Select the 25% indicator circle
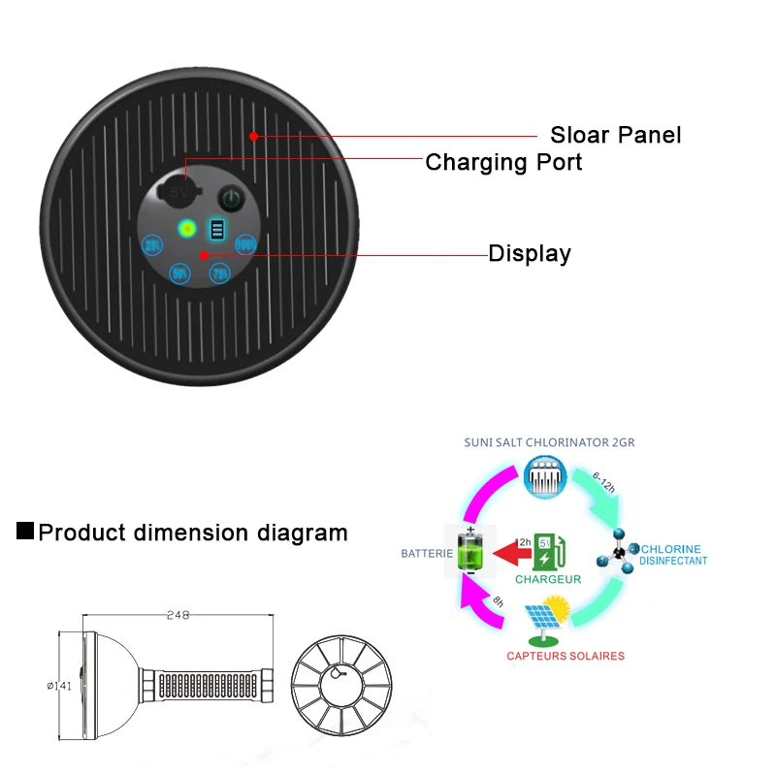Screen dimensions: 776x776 click(x=152, y=245)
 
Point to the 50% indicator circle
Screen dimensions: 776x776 click(x=179, y=274)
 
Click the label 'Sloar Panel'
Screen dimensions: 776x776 click(x=615, y=135)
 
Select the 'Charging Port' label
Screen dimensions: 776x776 click(x=503, y=162)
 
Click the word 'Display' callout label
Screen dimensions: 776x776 click(x=529, y=254)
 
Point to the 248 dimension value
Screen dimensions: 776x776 click(x=178, y=614)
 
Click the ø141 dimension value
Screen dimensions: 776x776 click(x=60, y=685)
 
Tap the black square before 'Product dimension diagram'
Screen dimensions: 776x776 click(x=26, y=532)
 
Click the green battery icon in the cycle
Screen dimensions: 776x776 click(x=469, y=552)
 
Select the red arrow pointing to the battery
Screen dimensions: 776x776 click(x=512, y=554)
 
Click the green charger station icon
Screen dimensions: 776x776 click(x=548, y=552)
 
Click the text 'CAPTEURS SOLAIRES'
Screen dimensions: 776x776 click(x=566, y=657)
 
